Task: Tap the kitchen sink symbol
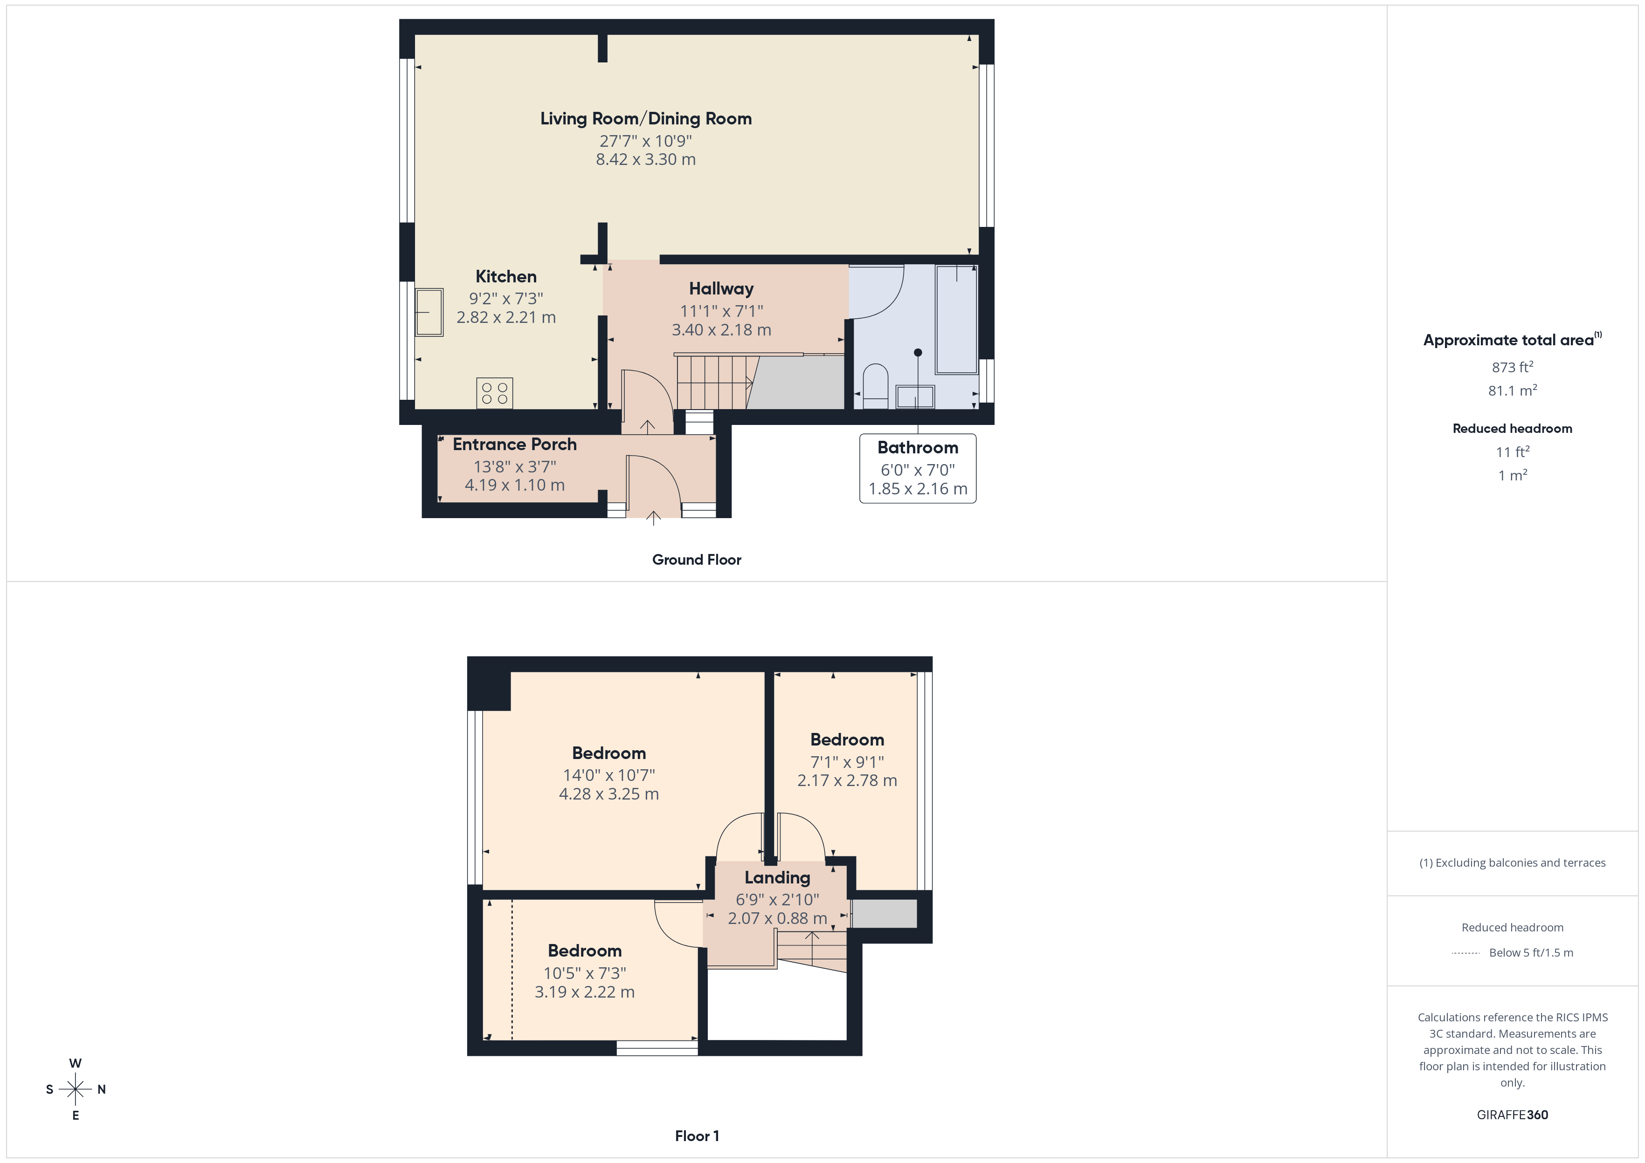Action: click(429, 312)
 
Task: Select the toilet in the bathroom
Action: click(876, 387)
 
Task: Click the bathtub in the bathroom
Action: click(956, 319)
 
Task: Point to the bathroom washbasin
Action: click(915, 396)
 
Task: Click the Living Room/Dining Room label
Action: click(645, 119)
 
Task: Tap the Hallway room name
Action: click(721, 288)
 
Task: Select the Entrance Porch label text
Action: click(514, 445)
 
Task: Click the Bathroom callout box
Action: click(917, 468)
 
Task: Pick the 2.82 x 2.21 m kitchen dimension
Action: click(506, 317)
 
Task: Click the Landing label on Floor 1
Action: click(777, 877)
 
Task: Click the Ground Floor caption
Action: click(697, 560)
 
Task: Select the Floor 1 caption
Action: click(697, 1136)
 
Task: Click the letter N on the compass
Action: click(102, 1089)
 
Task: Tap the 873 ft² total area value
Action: click(1512, 367)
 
